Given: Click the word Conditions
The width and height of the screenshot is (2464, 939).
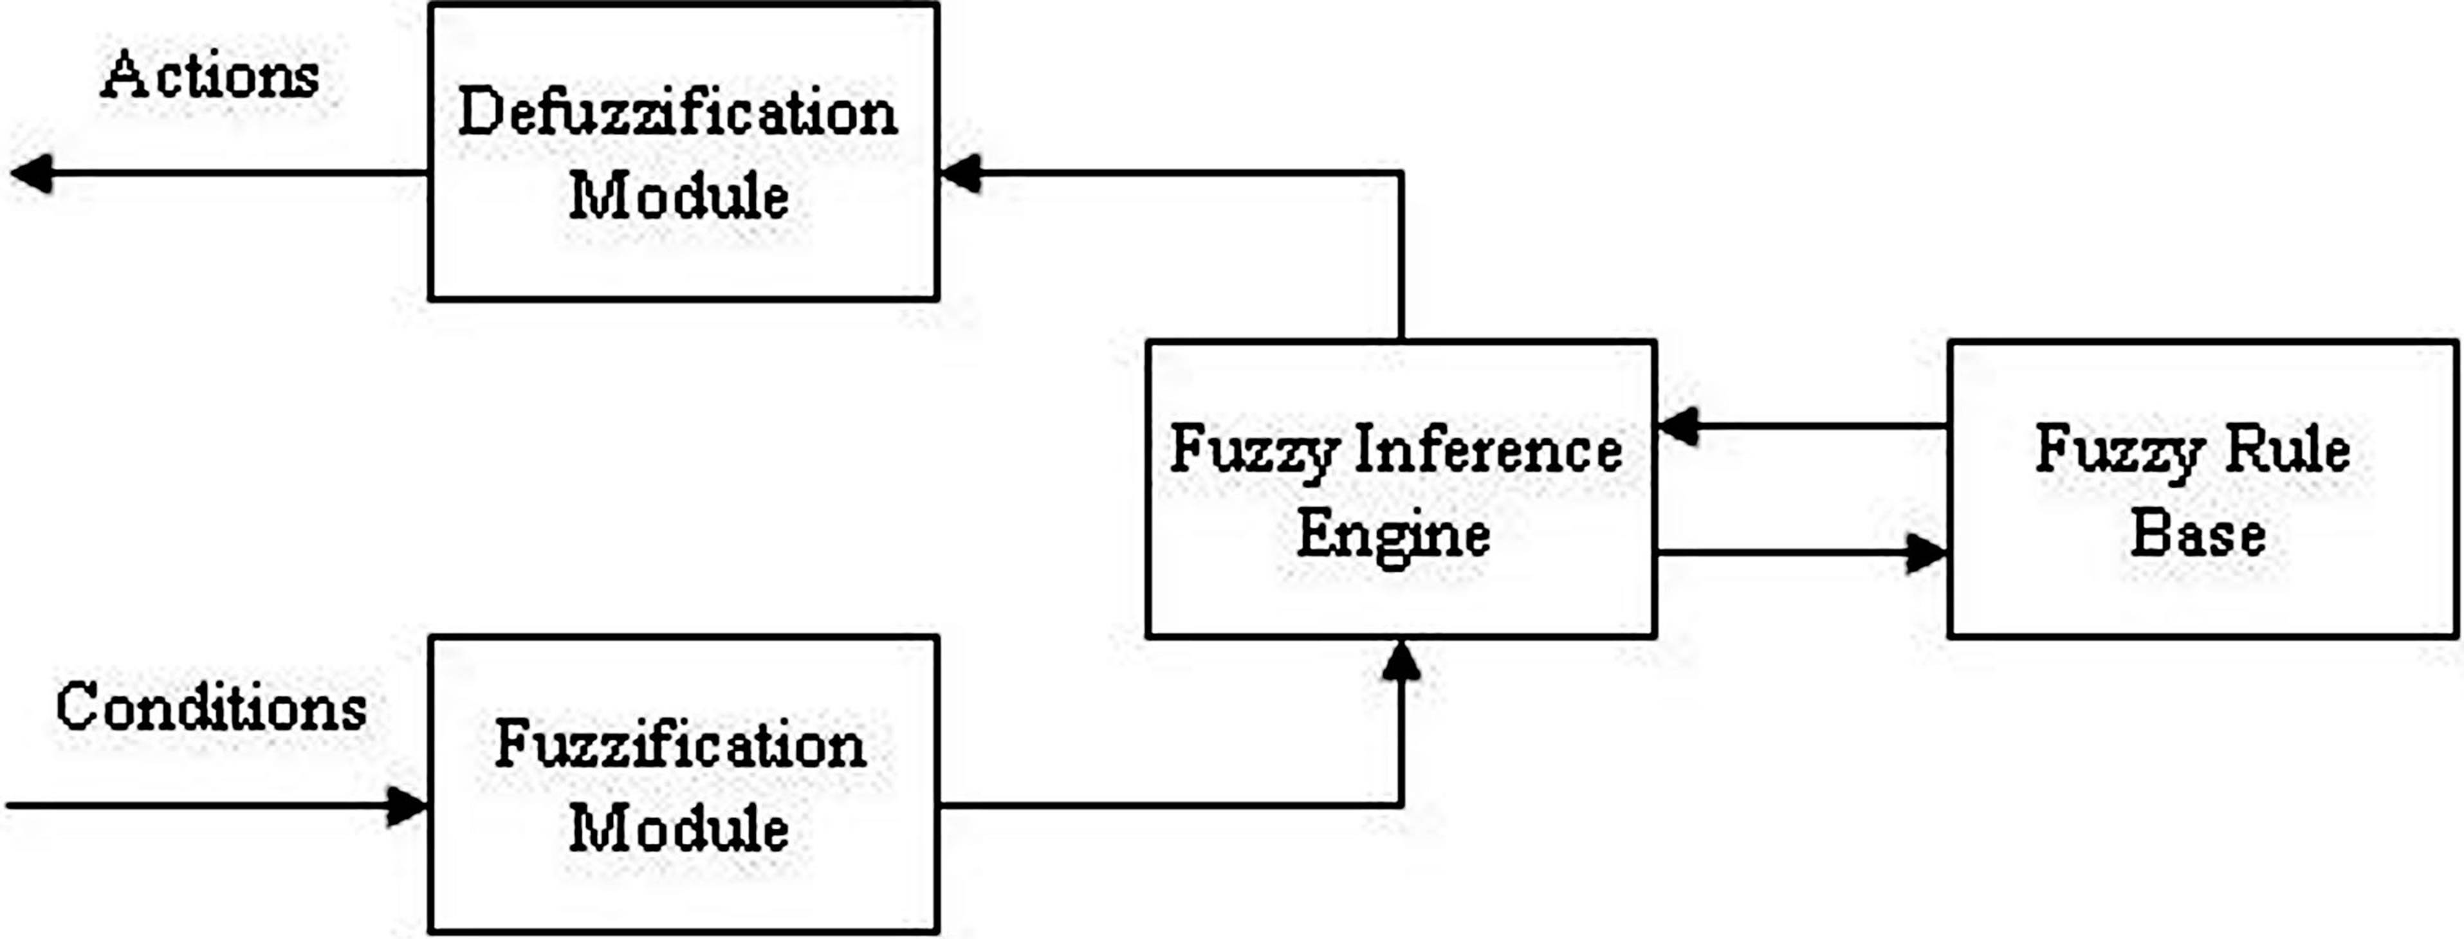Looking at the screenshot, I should (x=210, y=709).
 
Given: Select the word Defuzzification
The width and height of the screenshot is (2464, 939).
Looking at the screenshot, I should (x=677, y=113).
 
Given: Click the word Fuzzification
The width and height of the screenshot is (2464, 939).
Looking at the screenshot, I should (x=680, y=745).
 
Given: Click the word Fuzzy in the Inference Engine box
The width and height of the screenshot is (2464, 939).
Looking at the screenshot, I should (x=1253, y=451).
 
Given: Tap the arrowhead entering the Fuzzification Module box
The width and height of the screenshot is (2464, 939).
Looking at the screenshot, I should (x=407, y=806).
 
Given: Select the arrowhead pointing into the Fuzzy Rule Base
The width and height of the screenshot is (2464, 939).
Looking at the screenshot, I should (x=1924, y=552).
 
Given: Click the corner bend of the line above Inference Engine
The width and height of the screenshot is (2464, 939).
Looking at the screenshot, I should (x=1401, y=173).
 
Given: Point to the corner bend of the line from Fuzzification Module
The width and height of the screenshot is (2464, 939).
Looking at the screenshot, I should (x=1401, y=805).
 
